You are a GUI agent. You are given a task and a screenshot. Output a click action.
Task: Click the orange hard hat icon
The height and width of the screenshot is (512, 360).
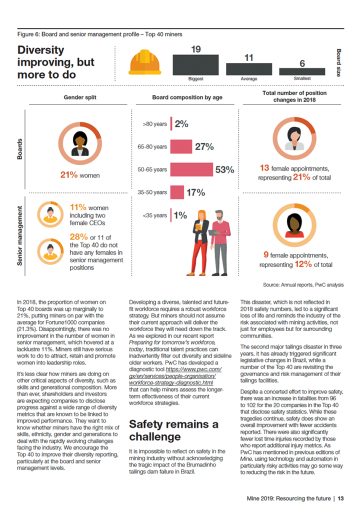[x=144, y=62]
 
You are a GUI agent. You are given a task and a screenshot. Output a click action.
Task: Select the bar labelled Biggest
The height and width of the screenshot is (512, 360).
[x=195, y=65]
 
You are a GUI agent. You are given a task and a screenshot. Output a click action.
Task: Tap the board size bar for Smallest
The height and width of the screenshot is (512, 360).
[x=302, y=72]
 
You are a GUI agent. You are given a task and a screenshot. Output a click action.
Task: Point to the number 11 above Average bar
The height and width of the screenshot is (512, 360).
[x=249, y=58]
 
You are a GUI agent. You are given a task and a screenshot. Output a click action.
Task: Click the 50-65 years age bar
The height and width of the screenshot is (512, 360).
[x=191, y=169]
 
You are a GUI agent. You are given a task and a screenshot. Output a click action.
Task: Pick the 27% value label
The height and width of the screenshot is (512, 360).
[x=204, y=146]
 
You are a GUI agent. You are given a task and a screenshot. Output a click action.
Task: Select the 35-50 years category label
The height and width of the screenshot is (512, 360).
[x=152, y=192]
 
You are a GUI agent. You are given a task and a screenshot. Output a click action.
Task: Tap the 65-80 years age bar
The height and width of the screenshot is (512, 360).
[x=181, y=146]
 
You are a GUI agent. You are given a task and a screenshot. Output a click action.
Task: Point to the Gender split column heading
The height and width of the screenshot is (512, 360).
[x=80, y=97]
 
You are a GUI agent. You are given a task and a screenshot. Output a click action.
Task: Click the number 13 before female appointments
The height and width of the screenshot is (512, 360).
[x=264, y=168]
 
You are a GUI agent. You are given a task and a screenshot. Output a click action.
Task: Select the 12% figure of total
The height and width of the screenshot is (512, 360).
[x=303, y=264]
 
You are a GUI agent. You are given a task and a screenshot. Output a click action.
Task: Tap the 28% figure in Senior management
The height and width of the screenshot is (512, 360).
[x=78, y=236]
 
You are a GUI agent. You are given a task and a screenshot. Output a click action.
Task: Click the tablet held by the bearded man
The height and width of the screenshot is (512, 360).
[x=215, y=232]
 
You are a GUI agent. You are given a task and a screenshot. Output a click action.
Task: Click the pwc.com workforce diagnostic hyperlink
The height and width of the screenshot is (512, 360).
[x=175, y=376]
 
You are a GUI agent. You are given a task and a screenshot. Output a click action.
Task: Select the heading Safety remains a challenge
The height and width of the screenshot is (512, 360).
[x=173, y=430]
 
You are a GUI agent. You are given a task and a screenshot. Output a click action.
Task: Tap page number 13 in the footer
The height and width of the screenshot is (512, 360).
[x=340, y=498]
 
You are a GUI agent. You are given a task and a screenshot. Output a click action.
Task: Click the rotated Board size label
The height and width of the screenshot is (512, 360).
[x=339, y=62]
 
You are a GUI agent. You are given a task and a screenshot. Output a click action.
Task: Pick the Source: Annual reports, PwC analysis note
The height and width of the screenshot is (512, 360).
[x=303, y=284]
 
